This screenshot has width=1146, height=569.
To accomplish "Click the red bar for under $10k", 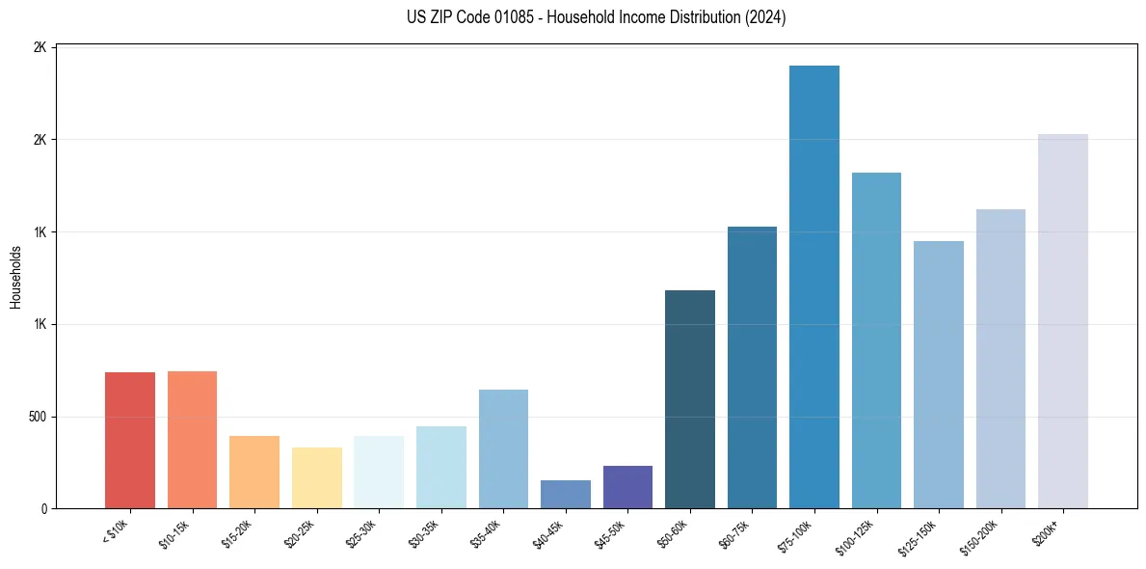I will pos(130,441).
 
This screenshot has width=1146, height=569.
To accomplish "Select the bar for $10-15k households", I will pos(192,440).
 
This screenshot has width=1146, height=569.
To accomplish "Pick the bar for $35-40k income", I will pos(503,449).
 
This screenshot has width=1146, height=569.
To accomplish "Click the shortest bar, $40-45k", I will pos(566,495).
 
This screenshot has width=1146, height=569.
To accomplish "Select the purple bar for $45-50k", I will pos(627,487).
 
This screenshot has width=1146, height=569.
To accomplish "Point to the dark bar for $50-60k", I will pos(690,399).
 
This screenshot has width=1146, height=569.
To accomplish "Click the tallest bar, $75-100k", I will pos(814,287).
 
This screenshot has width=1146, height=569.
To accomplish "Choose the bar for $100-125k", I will pos(876,340).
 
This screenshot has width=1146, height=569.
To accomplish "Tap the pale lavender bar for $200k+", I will pos(1063,321).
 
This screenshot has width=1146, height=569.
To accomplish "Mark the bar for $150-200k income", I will pos(1000,359).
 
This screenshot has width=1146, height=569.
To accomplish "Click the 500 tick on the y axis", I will pos(38,417).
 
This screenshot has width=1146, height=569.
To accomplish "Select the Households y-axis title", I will pos(16,277).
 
